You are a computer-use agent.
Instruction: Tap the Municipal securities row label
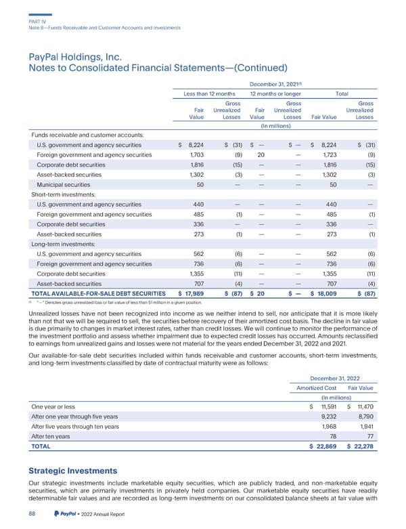[x=62, y=185]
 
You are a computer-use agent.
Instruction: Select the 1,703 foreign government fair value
[x=195, y=155]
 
